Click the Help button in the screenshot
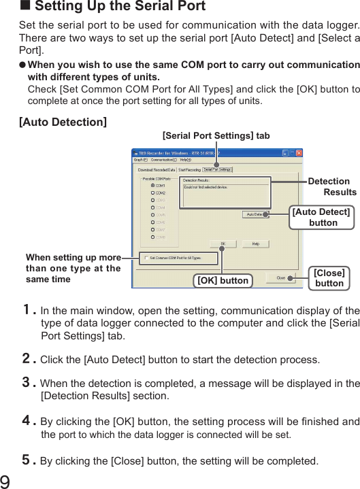point(255,243)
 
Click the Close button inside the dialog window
point(280,277)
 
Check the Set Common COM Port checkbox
point(145,258)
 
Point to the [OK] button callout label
point(223,280)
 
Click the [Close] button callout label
point(329,277)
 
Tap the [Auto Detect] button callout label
point(321,217)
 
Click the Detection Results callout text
point(332,186)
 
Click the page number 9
point(6,481)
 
